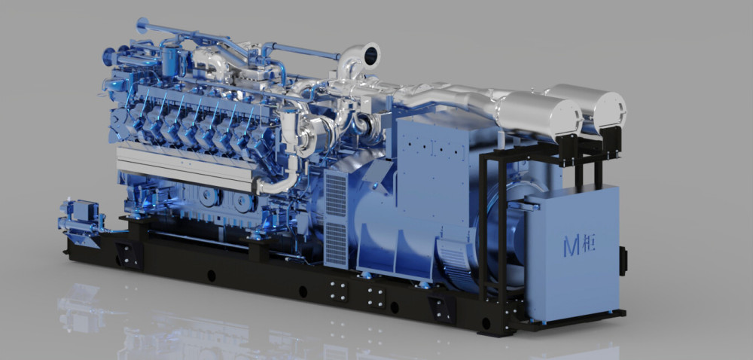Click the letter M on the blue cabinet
pyautogui.click(x=572, y=245)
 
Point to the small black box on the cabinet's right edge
pyautogui.click(x=623, y=261)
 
